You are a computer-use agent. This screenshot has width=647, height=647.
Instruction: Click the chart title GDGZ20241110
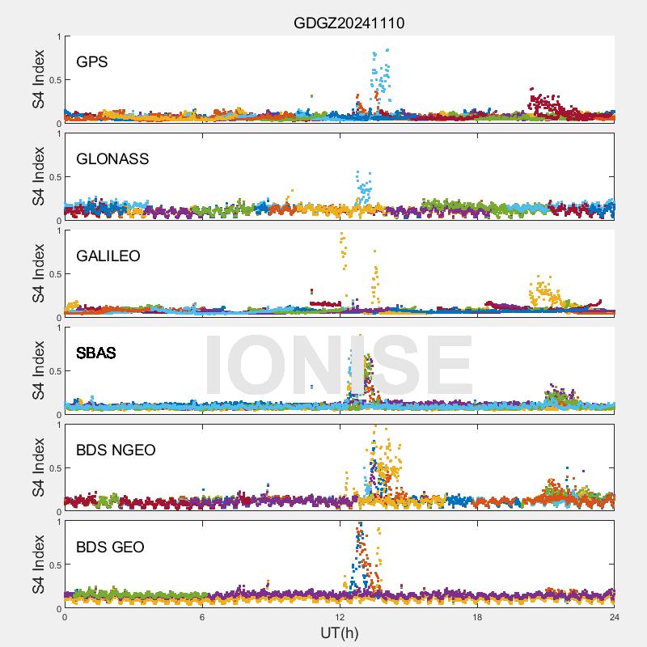(x=349, y=23)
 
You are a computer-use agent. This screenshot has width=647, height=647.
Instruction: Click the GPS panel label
(x=92, y=62)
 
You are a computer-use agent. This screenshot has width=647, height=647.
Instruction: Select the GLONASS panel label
(x=112, y=159)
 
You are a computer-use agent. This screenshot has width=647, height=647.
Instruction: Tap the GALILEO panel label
(x=108, y=256)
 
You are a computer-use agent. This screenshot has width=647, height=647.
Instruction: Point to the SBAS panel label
(x=96, y=353)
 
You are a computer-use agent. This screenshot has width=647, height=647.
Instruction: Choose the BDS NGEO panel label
(x=116, y=450)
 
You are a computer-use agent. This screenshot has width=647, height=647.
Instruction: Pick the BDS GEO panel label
(x=110, y=548)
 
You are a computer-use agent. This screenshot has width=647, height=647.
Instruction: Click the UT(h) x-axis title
(x=339, y=632)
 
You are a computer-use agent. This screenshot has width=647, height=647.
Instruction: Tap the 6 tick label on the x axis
(x=202, y=617)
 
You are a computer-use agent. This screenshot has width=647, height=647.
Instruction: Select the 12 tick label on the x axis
(x=340, y=617)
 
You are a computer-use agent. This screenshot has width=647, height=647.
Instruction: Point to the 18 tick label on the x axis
(x=477, y=617)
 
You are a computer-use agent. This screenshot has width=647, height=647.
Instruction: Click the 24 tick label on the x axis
(x=615, y=617)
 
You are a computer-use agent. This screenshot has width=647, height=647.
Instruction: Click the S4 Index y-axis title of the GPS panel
(x=38, y=79)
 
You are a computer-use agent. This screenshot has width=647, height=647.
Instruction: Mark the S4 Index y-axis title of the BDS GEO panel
(x=38, y=565)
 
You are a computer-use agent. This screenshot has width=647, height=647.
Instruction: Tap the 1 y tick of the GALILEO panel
(x=57, y=230)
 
